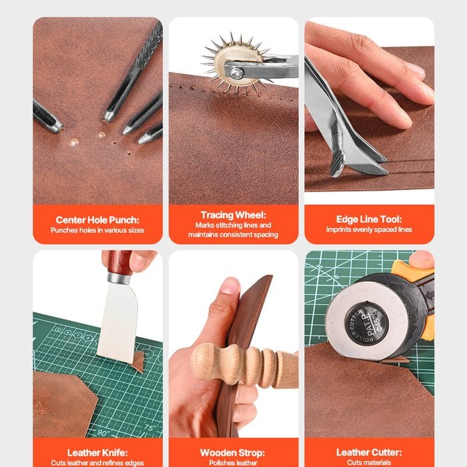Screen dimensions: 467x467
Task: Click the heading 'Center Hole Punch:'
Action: [97, 220]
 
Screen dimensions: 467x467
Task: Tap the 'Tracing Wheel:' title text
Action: [233, 215]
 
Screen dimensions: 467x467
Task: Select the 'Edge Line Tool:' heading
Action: [369, 219]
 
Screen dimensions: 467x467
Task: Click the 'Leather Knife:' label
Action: [97, 453]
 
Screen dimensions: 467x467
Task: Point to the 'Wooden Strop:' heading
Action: [233, 453]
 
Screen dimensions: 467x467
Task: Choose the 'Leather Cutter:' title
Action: [369, 452]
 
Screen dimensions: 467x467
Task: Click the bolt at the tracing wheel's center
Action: [237, 72]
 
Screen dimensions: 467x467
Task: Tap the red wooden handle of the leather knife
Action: [119, 261]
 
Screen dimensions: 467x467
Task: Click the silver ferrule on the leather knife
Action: [119, 278]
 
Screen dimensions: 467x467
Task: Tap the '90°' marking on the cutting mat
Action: [103, 433]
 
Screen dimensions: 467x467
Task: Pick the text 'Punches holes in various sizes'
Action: [97, 230]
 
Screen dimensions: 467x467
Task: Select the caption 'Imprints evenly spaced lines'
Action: [369, 229]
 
